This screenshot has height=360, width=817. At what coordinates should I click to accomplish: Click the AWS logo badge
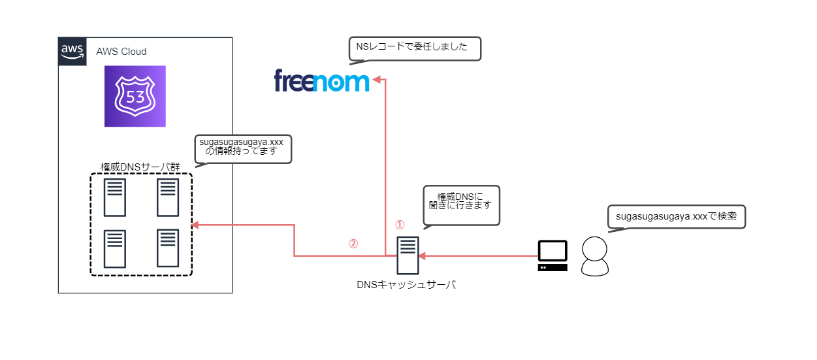[x=72, y=50]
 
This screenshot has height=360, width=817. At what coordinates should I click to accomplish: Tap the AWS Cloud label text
[x=121, y=52]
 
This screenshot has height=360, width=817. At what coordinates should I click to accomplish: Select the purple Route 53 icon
[x=135, y=96]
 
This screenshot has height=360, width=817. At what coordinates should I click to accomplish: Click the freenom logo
[x=321, y=81]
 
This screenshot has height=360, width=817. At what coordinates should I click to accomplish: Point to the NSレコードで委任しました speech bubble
[x=415, y=48]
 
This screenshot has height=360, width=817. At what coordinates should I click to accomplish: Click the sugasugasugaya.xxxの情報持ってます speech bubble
[x=244, y=148]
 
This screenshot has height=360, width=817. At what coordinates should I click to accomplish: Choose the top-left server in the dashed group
[x=114, y=197]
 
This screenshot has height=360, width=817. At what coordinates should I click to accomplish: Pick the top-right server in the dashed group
[x=168, y=197]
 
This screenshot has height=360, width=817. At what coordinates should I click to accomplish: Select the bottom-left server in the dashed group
[x=114, y=248]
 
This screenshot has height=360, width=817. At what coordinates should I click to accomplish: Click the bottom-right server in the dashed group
[x=168, y=248]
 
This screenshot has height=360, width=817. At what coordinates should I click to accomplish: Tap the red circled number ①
[x=400, y=225]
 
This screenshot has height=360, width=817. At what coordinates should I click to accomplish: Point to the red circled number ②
[x=353, y=244]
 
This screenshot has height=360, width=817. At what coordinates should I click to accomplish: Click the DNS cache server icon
[x=408, y=255]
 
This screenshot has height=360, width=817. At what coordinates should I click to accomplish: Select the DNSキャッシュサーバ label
[x=406, y=284]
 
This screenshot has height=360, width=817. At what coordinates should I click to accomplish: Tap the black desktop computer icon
[x=552, y=255]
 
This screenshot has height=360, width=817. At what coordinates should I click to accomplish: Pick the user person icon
[x=595, y=255]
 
